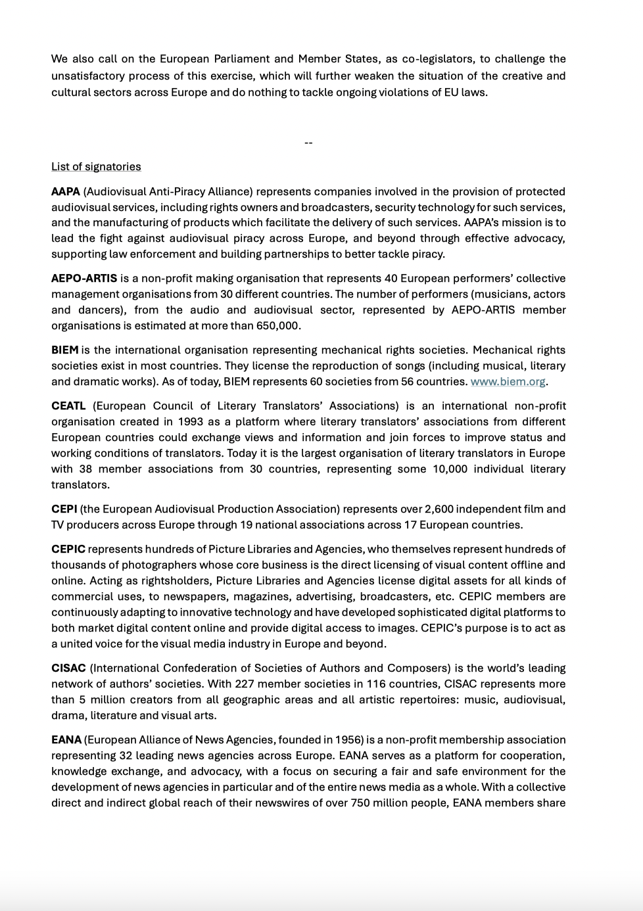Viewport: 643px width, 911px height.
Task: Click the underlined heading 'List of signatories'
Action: [x=96, y=167]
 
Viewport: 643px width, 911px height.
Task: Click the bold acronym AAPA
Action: [x=66, y=192]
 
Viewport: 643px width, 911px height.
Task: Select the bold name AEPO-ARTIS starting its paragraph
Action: [x=84, y=279]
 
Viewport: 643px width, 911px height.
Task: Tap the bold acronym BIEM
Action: [x=64, y=350]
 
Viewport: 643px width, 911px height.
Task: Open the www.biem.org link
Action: [x=508, y=382]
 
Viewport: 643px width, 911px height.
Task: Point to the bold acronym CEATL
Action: [x=68, y=406]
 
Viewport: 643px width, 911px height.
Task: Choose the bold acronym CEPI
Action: [x=64, y=509]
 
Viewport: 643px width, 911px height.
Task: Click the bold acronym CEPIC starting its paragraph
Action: [x=68, y=549]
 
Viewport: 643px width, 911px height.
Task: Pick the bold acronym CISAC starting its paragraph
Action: [x=68, y=668]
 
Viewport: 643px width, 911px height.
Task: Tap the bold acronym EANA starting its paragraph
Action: [x=66, y=740]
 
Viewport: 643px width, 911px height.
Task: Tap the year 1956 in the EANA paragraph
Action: [x=347, y=740]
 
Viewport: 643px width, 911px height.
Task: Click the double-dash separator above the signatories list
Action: [x=308, y=143]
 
